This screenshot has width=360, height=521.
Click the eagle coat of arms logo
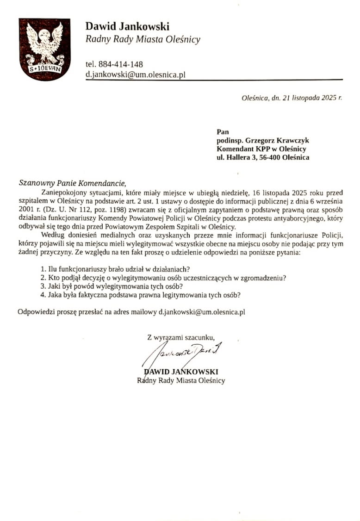coord(44,50)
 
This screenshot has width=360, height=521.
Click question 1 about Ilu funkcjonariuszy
coord(116,269)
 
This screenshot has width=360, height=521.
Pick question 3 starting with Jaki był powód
coord(111,286)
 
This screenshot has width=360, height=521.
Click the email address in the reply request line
coord(202,312)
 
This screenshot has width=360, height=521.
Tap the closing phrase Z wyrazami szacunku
coord(181,337)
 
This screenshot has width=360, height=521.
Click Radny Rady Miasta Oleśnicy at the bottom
coord(181,380)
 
